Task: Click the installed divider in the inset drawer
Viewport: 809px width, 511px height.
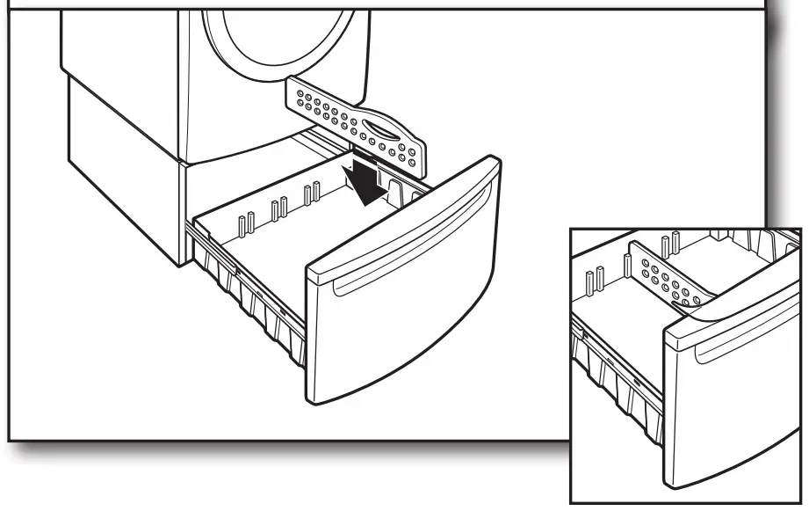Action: (x=667, y=282)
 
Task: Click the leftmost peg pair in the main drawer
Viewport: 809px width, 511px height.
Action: (x=245, y=223)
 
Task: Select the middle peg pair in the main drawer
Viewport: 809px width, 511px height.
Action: (x=279, y=209)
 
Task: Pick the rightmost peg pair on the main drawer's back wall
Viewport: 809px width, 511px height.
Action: (x=311, y=193)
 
